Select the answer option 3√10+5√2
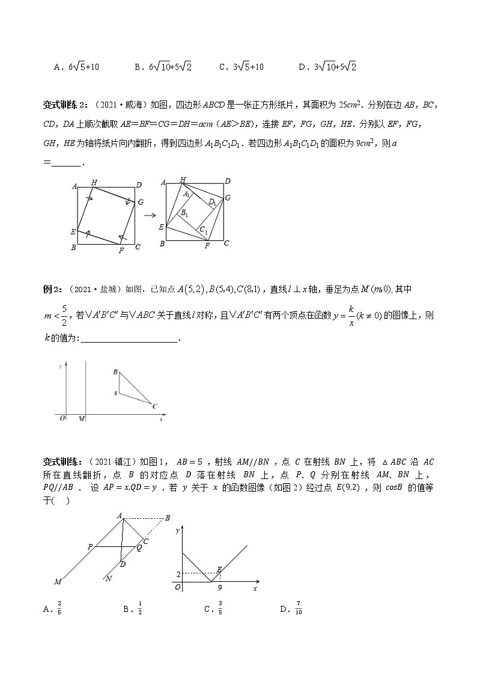click(x=328, y=67)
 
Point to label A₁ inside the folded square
click(x=187, y=194)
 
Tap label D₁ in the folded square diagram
click(x=212, y=203)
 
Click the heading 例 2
click(x=54, y=289)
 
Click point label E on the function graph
click(x=220, y=568)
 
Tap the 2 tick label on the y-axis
click(x=178, y=575)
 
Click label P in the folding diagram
click(x=90, y=546)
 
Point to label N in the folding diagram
click(x=108, y=578)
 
